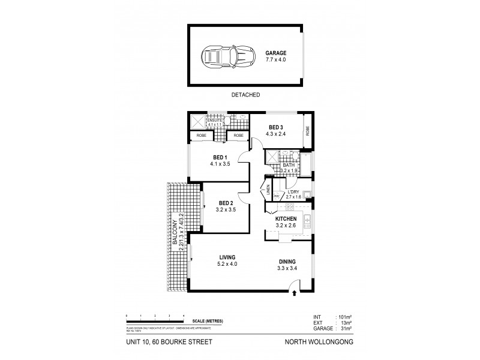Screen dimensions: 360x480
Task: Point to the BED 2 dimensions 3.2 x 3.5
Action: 226,209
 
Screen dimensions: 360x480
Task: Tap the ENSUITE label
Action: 215,120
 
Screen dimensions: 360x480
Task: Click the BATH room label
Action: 281,165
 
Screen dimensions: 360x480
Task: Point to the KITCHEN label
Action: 286,219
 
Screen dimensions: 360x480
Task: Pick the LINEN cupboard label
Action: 267,191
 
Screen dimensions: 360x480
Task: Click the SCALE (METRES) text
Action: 209,322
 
